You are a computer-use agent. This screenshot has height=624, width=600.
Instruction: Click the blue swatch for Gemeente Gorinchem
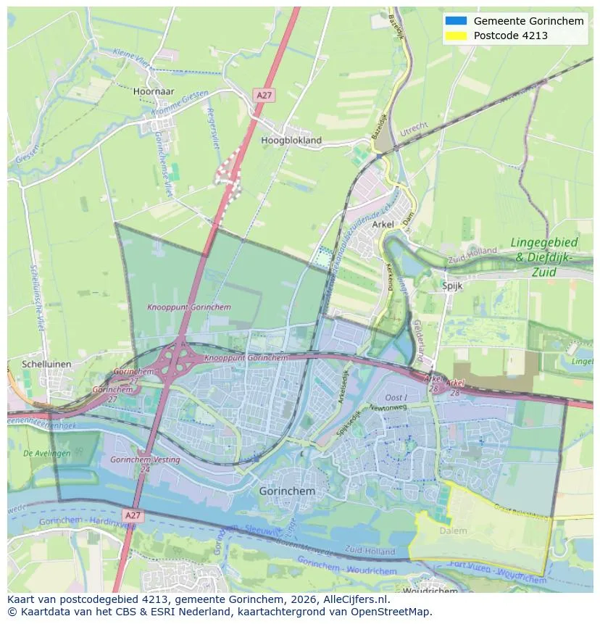coord(456,21)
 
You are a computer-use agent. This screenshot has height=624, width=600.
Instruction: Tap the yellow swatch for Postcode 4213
coord(456,36)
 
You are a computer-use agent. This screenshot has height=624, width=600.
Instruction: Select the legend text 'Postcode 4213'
coord(510,36)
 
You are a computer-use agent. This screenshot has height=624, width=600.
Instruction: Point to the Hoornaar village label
coord(154,92)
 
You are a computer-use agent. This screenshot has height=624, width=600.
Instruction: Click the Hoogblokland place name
coord(291,140)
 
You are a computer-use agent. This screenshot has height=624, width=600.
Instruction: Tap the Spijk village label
coord(452,286)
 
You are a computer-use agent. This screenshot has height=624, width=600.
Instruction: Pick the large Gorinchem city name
coord(287,491)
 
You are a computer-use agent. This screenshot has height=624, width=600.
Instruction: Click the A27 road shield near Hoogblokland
coord(264,95)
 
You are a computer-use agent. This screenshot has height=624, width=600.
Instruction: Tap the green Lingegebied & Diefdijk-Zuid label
coord(544,257)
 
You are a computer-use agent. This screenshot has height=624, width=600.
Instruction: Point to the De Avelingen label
coord(48,452)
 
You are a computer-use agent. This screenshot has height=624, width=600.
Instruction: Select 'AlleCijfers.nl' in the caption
coord(356,599)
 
